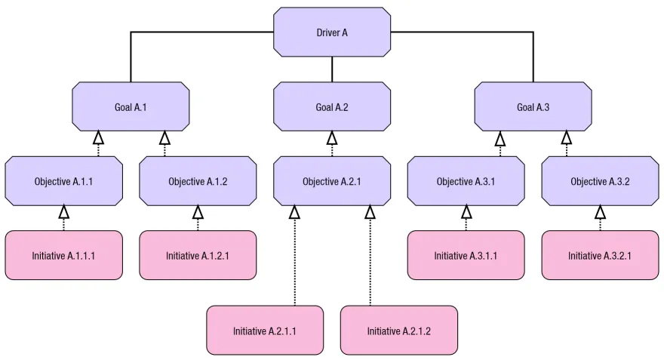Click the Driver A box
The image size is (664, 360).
click(332, 32)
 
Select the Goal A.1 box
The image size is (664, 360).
click(131, 106)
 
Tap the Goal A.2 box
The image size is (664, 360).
click(332, 106)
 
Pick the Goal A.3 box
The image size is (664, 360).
click(533, 106)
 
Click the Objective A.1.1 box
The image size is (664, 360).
click(63, 181)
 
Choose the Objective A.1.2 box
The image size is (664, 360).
click(198, 181)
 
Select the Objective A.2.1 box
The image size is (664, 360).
click(332, 181)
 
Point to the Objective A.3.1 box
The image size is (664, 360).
click(466, 181)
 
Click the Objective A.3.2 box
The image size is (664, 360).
click(600, 181)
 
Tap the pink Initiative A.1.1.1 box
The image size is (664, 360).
click(63, 255)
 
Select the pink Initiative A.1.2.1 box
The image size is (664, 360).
click(198, 255)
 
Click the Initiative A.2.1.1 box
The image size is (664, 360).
click(265, 330)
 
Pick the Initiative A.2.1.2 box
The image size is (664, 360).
click(399, 330)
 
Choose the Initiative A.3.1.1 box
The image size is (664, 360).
click(466, 255)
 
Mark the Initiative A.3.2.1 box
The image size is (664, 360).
click(600, 255)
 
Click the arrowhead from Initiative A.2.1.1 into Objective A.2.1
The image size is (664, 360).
click(294, 212)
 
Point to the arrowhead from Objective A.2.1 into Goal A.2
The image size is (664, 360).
click(332, 137)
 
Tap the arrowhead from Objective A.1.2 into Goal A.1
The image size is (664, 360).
click(164, 137)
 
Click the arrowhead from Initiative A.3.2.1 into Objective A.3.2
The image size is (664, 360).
click(600, 212)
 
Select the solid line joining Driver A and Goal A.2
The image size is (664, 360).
click(332, 69)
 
